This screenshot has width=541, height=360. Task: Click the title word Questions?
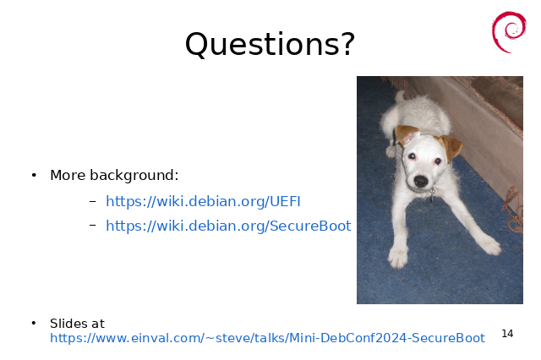tap(270, 45)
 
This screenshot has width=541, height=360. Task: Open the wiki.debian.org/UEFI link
tap(203, 201)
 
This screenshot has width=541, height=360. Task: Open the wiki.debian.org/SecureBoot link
tap(228, 226)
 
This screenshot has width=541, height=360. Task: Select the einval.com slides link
tap(267, 338)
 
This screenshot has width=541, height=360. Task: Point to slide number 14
tap(507, 334)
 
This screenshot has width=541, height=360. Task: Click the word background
tap(134, 176)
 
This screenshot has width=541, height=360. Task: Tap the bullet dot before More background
tap(34, 176)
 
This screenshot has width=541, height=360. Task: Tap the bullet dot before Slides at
tap(34, 323)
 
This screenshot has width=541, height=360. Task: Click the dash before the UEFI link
tap(92, 200)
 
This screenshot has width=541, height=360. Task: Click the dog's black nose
tap(421, 181)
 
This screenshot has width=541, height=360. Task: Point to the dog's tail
tap(400, 96)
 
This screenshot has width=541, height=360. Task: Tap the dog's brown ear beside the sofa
tap(450, 147)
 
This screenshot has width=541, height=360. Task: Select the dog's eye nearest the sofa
tap(438, 161)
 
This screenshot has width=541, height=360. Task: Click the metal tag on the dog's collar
tap(432, 194)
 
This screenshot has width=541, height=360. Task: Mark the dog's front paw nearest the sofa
tap(489, 245)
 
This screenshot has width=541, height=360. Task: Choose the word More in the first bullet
tap(68, 175)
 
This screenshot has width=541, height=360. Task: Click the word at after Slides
tap(97, 324)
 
